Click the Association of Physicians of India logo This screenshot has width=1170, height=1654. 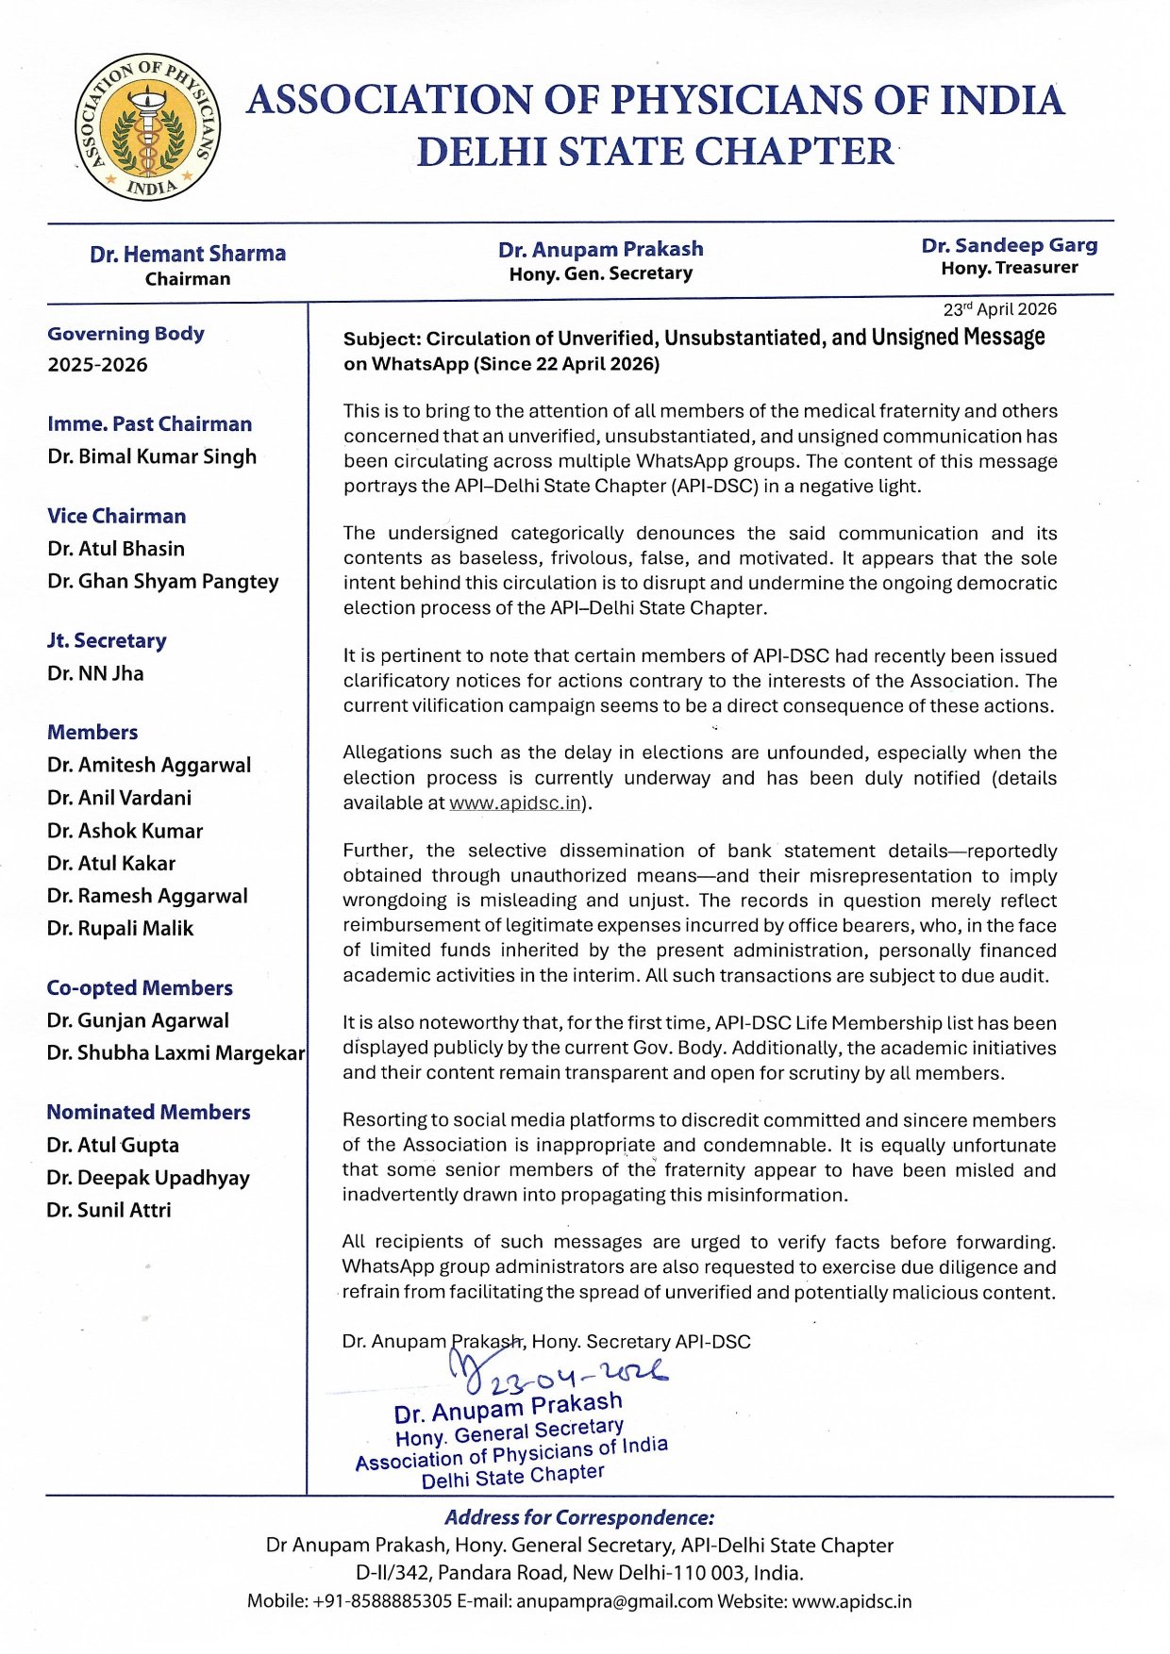(x=147, y=126)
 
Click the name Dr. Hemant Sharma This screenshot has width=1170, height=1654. (x=188, y=254)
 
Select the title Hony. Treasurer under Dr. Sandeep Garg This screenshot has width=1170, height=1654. (x=1009, y=268)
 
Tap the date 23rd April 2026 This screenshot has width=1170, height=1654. (x=999, y=309)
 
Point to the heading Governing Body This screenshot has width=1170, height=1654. (x=125, y=333)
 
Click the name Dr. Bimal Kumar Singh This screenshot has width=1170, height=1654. (x=152, y=456)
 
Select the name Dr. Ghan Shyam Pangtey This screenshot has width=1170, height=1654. (x=163, y=581)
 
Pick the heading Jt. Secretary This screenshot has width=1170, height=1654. (x=107, y=641)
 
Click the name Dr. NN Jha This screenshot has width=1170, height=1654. (x=95, y=673)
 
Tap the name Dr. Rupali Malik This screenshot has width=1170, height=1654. (x=120, y=929)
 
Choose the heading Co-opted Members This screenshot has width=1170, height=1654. (x=140, y=988)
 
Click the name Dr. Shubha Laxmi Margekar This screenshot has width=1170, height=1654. (x=175, y=1053)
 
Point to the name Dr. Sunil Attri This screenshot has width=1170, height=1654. (x=109, y=1210)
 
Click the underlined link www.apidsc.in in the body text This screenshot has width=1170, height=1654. (x=514, y=803)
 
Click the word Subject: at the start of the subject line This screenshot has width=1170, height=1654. (x=381, y=339)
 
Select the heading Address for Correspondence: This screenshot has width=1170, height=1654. (x=579, y=1517)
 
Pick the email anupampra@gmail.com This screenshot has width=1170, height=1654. (x=613, y=1601)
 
